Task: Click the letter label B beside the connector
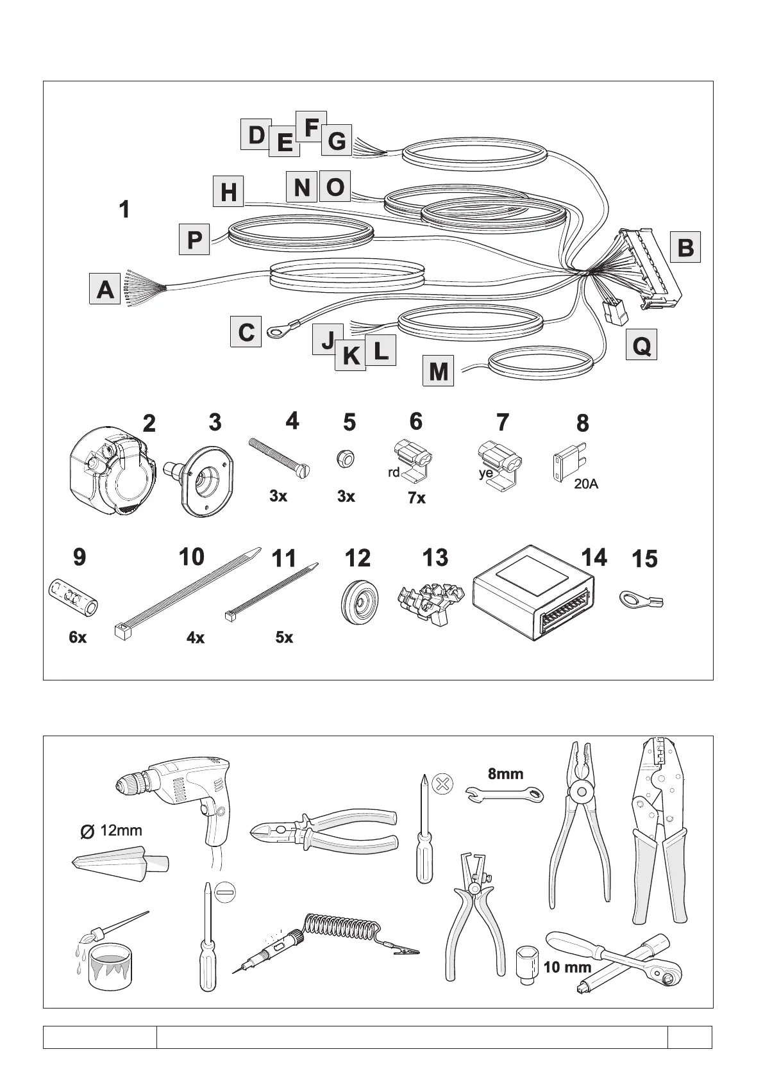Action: (x=685, y=247)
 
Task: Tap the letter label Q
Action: (x=641, y=347)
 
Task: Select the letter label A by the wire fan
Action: (x=105, y=289)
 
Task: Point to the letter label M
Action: (x=439, y=371)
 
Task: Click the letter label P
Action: (x=194, y=240)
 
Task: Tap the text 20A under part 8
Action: (x=585, y=484)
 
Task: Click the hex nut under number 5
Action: (x=344, y=459)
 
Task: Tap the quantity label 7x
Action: (x=417, y=498)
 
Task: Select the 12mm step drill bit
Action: (x=120, y=862)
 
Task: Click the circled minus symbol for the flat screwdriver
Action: (x=225, y=892)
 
